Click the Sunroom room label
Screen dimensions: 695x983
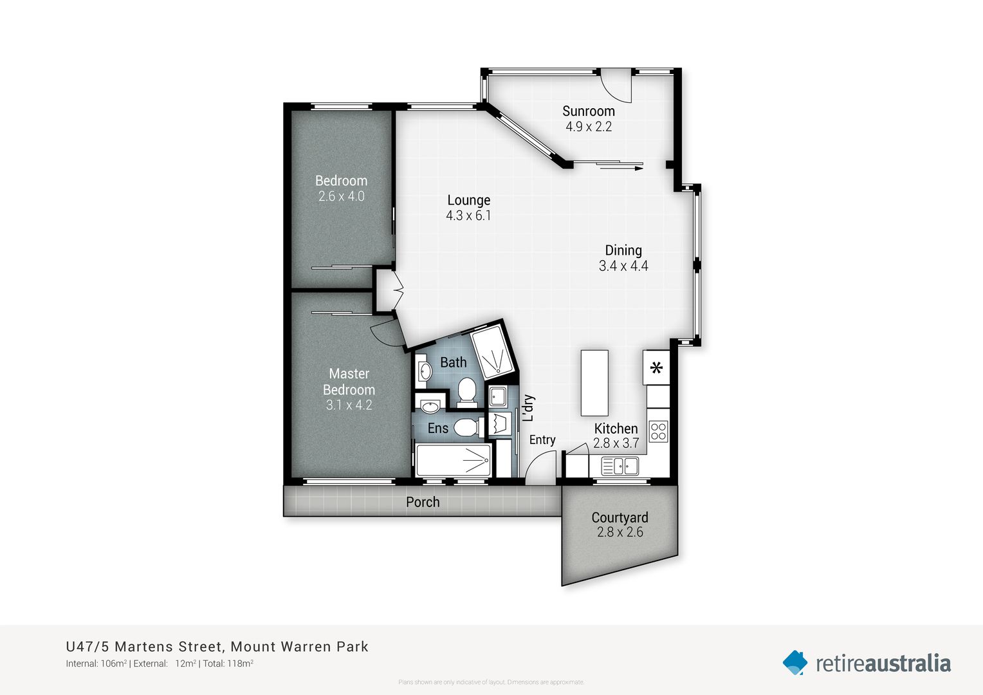pyautogui.click(x=588, y=111)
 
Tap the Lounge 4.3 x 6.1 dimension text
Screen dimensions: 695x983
pyautogui.click(x=468, y=216)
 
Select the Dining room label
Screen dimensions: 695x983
pyautogui.click(x=623, y=250)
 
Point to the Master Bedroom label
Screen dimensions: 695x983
pyautogui.click(x=349, y=382)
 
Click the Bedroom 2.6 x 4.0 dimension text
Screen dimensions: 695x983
pyautogui.click(x=341, y=197)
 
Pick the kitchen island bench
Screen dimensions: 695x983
pyautogui.click(x=594, y=383)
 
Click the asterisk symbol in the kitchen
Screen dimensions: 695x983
pyautogui.click(x=656, y=368)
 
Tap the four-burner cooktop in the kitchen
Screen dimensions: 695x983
pyautogui.click(x=658, y=431)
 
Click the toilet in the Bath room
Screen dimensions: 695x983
pyautogui.click(x=466, y=391)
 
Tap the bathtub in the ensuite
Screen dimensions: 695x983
pyautogui.click(x=454, y=459)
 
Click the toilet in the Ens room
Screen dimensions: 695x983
pyautogui.click(x=468, y=427)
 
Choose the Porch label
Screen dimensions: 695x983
pyautogui.click(x=423, y=502)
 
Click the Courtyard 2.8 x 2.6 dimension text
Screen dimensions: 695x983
pyautogui.click(x=620, y=532)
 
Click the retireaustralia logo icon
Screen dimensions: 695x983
pyautogui.click(x=795, y=663)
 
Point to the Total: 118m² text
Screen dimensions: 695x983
pyautogui.click(x=228, y=663)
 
